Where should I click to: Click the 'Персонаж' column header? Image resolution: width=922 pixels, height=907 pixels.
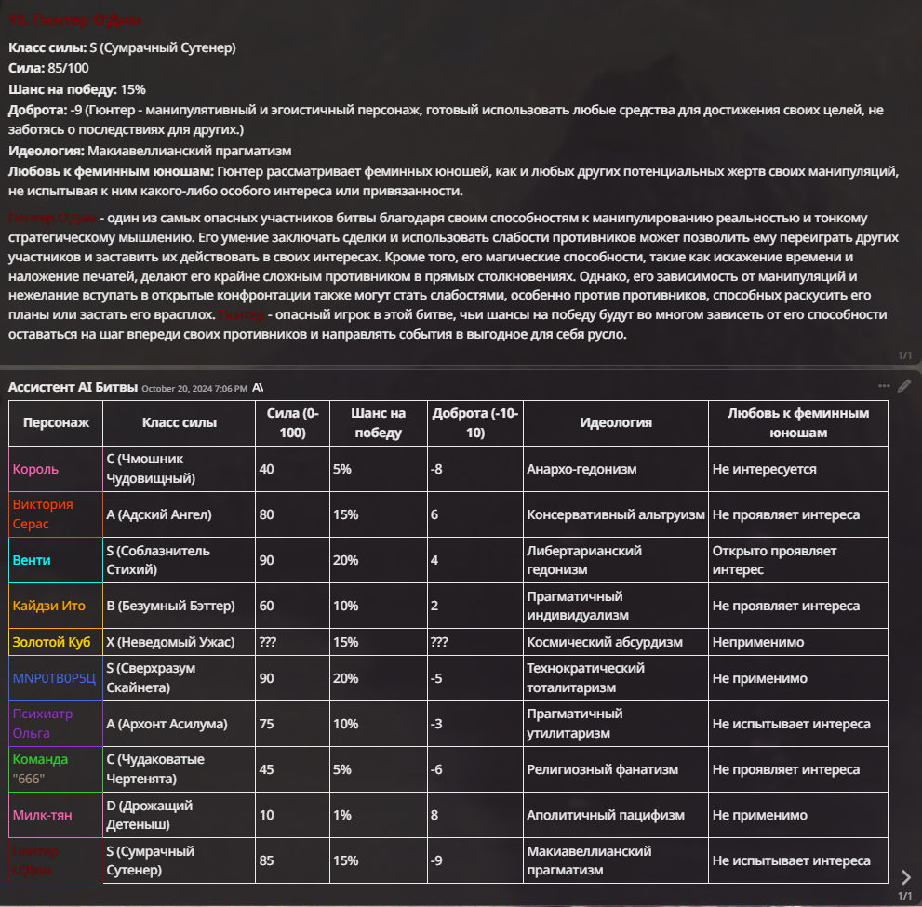click(x=56, y=422)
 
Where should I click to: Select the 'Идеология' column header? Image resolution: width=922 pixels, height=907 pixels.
click(x=615, y=422)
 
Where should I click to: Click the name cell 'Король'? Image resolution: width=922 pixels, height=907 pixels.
click(x=35, y=469)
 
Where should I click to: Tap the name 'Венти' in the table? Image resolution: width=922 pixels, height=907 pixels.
click(x=32, y=560)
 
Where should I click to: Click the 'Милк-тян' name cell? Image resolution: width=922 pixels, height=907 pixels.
click(x=42, y=815)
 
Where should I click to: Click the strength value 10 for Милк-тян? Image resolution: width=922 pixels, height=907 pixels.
click(x=266, y=815)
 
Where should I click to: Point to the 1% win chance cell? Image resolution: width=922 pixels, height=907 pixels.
click(x=341, y=815)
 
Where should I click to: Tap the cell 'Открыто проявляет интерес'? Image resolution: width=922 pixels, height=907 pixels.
click(x=774, y=560)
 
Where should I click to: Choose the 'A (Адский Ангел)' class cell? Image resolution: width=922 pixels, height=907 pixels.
click(x=160, y=514)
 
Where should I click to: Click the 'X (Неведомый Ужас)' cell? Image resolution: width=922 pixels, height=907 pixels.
click(x=169, y=642)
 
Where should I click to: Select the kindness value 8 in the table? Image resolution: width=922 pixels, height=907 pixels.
click(x=435, y=815)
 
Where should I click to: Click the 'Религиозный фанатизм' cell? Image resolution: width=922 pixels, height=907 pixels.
click(x=602, y=769)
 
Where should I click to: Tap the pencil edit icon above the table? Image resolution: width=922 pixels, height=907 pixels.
click(x=904, y=386)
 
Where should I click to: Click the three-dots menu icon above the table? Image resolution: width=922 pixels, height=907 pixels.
click(x=884, y=386)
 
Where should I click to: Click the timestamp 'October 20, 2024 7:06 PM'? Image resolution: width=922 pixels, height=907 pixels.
click(x=194, y=388)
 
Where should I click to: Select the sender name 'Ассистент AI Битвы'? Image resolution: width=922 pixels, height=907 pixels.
click(x=73, y=387)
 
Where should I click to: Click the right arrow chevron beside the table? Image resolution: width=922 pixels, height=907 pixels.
click(x=906, y=876)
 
